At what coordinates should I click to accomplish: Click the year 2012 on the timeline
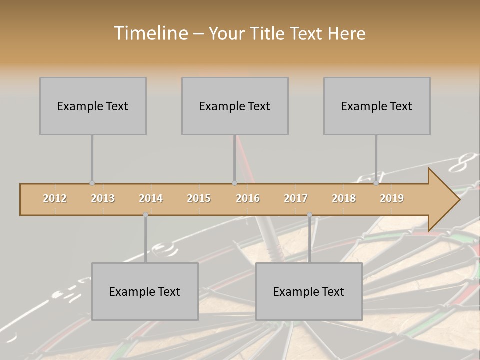point(55,198)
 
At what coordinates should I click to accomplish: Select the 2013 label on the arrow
point(103,198)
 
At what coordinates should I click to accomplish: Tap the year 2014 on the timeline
point(151,198)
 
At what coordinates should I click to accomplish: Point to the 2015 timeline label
point(199,198)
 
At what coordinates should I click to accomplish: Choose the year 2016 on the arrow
point(248,198)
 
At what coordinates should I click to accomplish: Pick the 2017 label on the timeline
point(296,198)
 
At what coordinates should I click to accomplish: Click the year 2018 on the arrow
point(344,198)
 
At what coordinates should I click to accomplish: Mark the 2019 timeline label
point(392,198)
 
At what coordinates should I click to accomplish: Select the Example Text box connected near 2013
point(93,106)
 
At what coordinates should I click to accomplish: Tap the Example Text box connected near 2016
point(235,106)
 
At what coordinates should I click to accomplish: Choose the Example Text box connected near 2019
point(377,106)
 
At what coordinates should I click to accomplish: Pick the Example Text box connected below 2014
point(145,292)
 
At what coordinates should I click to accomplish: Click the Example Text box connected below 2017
point(309,292)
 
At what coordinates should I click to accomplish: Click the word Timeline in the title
point(150,33)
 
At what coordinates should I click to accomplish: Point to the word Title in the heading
point(269,33)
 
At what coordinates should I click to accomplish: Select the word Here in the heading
point(346,33)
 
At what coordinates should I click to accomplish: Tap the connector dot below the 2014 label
point(145,214)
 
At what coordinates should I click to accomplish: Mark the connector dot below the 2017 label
point(309,214)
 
